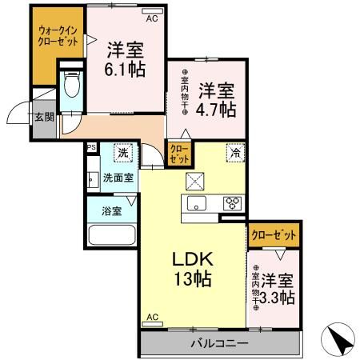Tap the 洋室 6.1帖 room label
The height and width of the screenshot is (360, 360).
click(x=125, y=58)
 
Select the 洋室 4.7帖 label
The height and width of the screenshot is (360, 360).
click(x=216, y=97)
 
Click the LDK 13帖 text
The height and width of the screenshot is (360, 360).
click(x=192, y=270)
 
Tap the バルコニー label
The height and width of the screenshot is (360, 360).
click(x=218, y=343)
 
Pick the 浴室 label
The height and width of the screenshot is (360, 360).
click(x=112, y=212)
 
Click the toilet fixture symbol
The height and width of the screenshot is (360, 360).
click(x=70, y=85)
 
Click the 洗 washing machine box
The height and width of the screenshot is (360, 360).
click(x=123, y=152)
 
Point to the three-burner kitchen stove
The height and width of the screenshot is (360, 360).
click(x=233, y=202)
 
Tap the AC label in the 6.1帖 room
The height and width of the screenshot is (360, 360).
click(x=152, y=14)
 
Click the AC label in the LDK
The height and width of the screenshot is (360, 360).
click(x=152, y=318)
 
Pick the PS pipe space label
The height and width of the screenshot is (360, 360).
click(x=91, y=146)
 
